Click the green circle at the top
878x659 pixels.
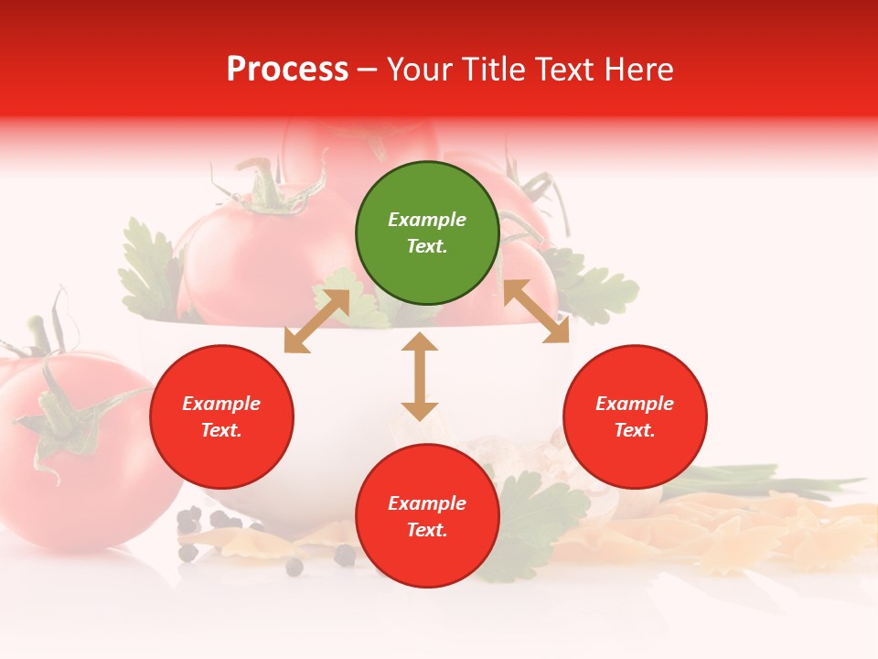(427, 233)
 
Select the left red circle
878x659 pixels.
(221, 417)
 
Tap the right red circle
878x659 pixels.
(635, 417)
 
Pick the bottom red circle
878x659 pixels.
(427, 516)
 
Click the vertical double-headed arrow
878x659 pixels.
(420, 376)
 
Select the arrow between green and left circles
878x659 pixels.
(316, 321)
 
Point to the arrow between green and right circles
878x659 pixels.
(536, 311)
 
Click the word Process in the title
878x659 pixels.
(287, 70)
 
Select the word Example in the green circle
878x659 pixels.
(427, 220)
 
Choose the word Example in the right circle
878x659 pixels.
(635, 404)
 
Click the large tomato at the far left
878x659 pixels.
(82, 458)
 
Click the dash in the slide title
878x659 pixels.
(368, 70)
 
